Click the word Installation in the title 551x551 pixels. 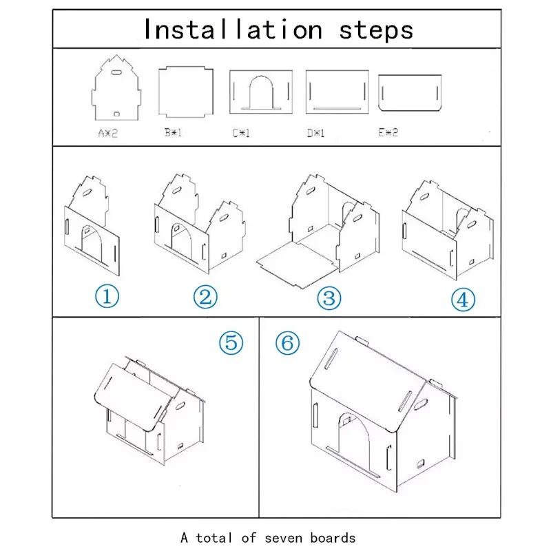click(233, 30)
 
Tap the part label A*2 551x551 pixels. click(108, 133)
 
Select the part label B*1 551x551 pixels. click(173, 132)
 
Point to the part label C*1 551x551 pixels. click(241, 133)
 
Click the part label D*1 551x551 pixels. click(315, 133)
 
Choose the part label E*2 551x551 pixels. click(388, 132)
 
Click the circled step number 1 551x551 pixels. click(107, 296)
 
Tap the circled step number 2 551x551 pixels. click(205, 297)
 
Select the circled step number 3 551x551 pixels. click(329, 298)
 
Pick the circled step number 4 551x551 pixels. click(463, 300)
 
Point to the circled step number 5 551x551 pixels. click(231, 342)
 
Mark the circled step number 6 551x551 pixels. click(287, 342)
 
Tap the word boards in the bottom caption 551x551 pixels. click(333, 538)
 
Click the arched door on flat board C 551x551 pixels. click(261, 92)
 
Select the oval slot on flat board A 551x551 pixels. click(116, 73)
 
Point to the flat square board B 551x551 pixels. click(186, 92)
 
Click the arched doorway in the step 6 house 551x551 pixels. click(354, 440)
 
